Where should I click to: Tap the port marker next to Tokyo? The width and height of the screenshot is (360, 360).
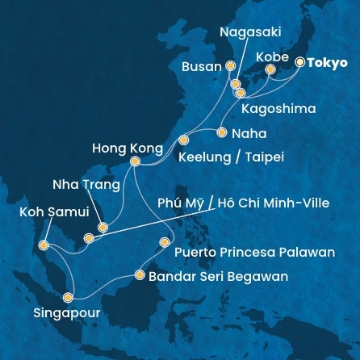(300, 61)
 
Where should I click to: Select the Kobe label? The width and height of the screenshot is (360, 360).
(270, 57)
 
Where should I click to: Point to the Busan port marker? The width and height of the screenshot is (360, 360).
(230, 67)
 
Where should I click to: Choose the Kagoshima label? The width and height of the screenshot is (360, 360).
(278, 107)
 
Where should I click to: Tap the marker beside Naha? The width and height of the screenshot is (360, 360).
(221, 131)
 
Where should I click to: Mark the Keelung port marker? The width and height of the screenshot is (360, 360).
(184, 138)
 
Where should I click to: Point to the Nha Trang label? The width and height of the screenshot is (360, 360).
(86, 185)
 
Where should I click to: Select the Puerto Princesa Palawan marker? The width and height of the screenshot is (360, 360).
(165, 241)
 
